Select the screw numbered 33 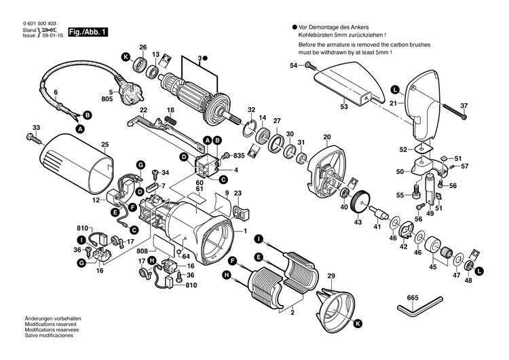(31, 137)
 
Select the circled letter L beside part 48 (480, 272)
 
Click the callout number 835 (240, 156)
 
